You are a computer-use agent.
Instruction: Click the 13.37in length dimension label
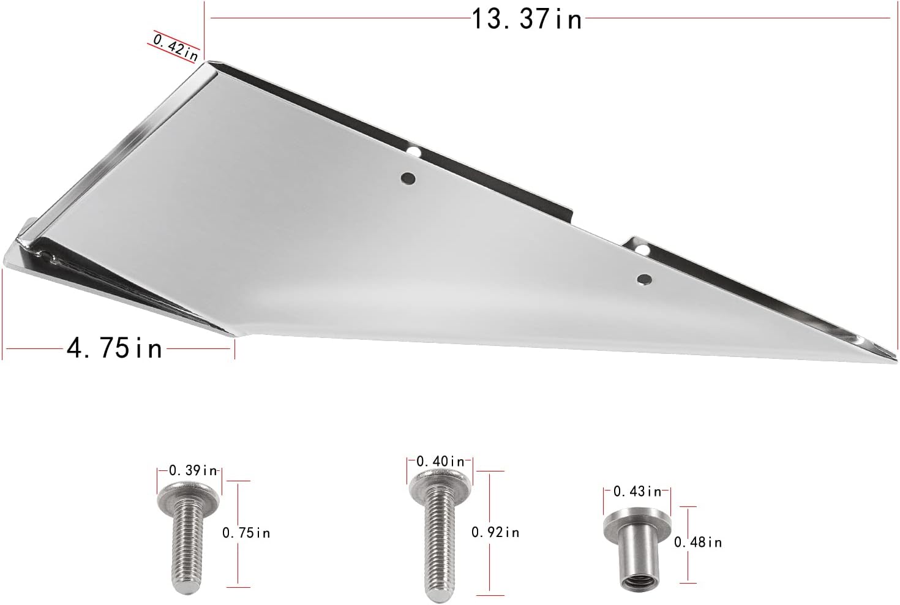click(x=526, y=19)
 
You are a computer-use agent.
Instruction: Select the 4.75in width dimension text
click(x=114, y=348)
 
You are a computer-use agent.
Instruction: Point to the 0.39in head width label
click(x=193, y=470)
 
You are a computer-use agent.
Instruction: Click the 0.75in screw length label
click(x=246, y=533)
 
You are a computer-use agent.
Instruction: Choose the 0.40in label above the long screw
click(x=440, y=460)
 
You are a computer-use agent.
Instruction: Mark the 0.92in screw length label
click(x=495, y=532)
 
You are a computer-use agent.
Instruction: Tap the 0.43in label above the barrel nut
click(x=637, y=490)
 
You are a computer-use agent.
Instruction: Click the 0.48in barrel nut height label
click(x=698, y=542)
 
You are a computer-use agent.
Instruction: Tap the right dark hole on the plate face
click(x=643, y=279)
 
